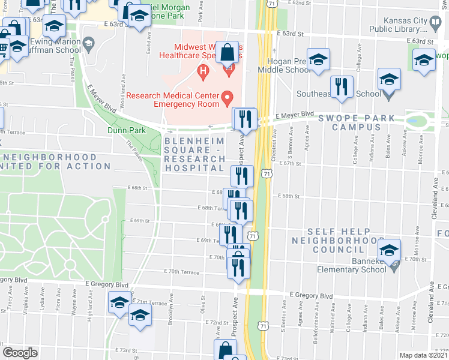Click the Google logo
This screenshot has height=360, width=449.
click(20, 353)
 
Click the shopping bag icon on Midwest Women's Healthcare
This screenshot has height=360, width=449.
click(228, 53)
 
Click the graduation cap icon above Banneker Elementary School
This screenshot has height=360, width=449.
click(389, 249)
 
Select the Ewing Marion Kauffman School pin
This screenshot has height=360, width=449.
click(89, 43)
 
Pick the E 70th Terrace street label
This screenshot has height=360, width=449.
click(182, 272)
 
